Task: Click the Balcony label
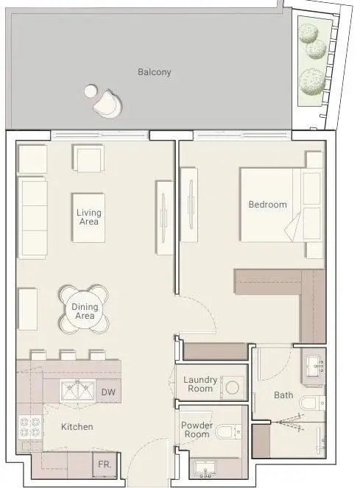point(155,72)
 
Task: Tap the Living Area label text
point(89,217)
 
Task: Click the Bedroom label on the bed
point(267,205)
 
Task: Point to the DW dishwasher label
point(108,392)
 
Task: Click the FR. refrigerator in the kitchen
point(105,465)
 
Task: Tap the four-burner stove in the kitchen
point(30,427)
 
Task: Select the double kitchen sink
point(77,391)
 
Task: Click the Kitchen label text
point(77,427)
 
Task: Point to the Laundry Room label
point(200,384)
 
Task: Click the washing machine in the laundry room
point(232,388)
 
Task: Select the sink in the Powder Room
point(205,469)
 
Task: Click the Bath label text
point(283,395)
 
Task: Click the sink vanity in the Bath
point(314,367)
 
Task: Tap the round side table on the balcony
point(91,91)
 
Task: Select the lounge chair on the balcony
point(107,104)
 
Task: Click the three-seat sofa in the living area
point(32,218)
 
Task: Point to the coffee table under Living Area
point(88,218)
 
